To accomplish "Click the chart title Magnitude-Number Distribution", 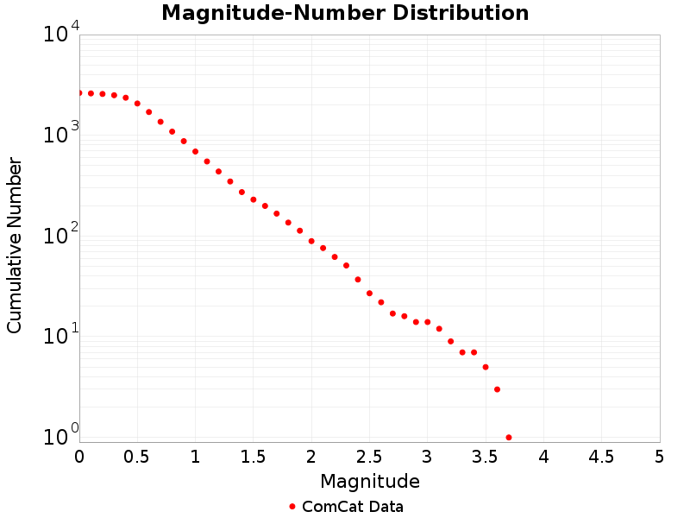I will pos(345,13).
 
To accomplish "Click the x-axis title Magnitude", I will pos(369,481).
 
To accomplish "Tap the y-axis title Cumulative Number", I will pos(15,245).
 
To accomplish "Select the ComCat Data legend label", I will pos(352,507).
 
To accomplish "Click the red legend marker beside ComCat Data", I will pos(292,507).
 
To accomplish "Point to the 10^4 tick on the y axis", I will pos(61,34).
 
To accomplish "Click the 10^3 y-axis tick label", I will pos(61,134).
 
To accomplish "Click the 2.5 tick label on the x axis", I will pos(369,456).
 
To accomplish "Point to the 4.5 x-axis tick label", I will pos(601,456).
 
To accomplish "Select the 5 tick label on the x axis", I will pos(659,456).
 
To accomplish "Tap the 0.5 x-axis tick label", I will pos(137,456).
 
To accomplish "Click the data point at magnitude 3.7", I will pos(509,438).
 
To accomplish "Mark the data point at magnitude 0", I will pos(79,92).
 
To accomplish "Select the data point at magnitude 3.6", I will pos(497,389).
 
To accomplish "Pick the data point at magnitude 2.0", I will pos(311,241).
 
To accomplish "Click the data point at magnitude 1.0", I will pos(195,151).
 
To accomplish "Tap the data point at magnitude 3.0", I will pos(427,322).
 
